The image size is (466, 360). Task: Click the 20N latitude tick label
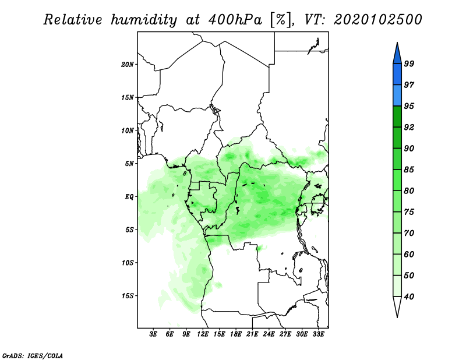128,65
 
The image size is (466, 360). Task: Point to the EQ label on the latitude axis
129,197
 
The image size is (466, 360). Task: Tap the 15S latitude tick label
128,296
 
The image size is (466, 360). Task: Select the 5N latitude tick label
129,164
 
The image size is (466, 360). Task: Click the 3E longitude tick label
153,334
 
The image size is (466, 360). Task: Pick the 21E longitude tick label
252,334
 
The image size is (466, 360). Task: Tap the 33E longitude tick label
318,334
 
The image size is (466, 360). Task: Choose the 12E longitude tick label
203,334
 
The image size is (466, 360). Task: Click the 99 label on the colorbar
409,63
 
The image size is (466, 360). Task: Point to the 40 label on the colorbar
409,297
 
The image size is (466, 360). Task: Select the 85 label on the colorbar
409,170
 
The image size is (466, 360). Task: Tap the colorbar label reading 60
409,254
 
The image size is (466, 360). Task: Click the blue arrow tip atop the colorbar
397,43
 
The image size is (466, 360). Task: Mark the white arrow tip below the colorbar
397,317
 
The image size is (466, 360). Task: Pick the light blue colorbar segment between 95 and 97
397,96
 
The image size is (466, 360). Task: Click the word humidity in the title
144,20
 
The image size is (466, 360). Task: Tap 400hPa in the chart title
235,20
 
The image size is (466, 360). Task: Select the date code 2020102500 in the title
377,20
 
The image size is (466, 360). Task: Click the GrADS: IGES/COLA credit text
33,355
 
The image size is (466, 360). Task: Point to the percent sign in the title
281,20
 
